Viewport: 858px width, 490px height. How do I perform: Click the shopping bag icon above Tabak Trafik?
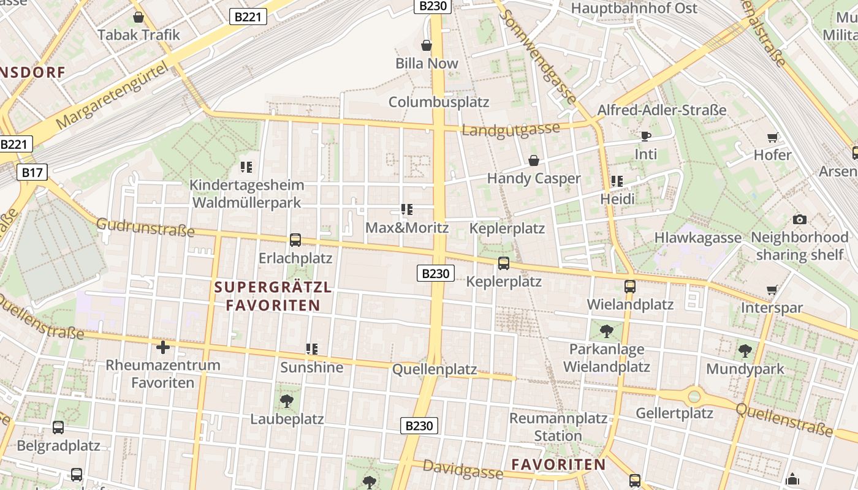[139, 17]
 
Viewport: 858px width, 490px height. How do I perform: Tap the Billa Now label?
[427, 63]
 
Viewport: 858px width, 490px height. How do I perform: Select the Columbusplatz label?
[439, 102]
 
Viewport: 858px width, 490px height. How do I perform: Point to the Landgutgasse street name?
[511, 129]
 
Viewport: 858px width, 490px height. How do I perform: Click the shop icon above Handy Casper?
[534, 160]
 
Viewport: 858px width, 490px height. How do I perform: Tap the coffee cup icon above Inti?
[645, 136]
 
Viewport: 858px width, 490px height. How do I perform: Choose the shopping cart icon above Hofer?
[772, 137]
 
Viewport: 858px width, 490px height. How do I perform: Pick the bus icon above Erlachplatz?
[295, 240]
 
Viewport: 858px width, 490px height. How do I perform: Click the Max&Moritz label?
[407, 228]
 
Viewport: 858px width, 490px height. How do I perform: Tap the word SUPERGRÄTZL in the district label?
[273, 287]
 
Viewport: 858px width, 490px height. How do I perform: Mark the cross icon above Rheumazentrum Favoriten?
[163, 348]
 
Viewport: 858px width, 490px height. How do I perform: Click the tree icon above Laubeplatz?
[286, 401]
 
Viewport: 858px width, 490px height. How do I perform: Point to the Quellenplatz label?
[435, 369]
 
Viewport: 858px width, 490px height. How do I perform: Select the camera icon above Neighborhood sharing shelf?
[799, 219]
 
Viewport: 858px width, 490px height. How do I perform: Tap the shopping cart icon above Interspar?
[772, 290]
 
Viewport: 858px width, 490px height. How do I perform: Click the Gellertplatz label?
[674, 413]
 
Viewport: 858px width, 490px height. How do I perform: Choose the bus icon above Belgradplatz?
[58, 428]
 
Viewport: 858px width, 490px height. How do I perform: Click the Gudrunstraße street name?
[145, 227]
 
